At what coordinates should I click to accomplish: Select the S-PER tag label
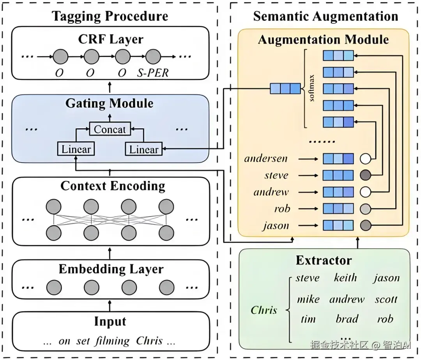pyautogui.click(x=153, y=73)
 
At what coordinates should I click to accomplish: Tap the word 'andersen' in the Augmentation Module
pyautogui.click(x=266, y=158)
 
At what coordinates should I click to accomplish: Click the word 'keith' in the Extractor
pyautogui.click(x=345, y=278)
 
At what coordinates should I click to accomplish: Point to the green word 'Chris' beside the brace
pyautogui.click(x=264, y=310)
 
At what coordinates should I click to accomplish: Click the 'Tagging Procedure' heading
pyautogui.click(x=110, y=16)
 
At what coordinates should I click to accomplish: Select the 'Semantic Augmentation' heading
pyautogui.click(x=325, y=16)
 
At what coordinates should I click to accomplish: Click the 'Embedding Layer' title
pyautogui.click(x=111, y=269)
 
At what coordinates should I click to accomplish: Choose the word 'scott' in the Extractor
pyautogui.click(x=386, y=299)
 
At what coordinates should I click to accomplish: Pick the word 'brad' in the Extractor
pyautogui.click(x=347, y=319)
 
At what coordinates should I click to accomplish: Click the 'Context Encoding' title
pyautogui.click(x=113, y=186)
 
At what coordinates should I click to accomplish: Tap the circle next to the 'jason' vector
pyautogui.click(x=365, y=225)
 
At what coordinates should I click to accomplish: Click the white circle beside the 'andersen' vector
pyautogui.click(x=365, y=158)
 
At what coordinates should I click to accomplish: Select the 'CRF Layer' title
pyautogui.click(x=111, y=39)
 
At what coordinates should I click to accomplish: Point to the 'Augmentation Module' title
pyautogui.click(x=323, y=40)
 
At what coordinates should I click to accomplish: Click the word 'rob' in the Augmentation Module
pyautogui.click(x=282, y=209)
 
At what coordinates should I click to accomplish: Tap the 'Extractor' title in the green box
pyautogui.click(x=324, y=260)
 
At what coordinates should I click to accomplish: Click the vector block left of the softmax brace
pyautogui.click(x=285, y=89)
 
